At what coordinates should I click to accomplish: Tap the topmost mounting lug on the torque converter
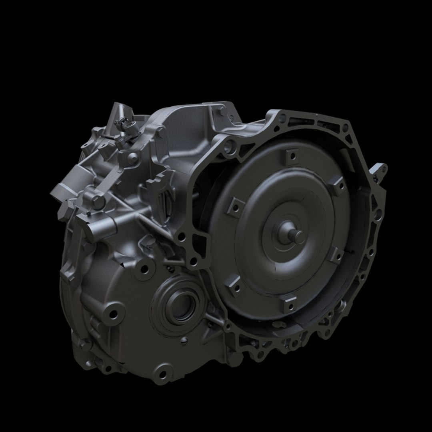click(x=292, y=155)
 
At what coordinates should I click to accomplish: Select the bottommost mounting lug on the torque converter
click(x=288, y=305)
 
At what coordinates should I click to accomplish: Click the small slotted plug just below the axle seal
click(x=184, y=340)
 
